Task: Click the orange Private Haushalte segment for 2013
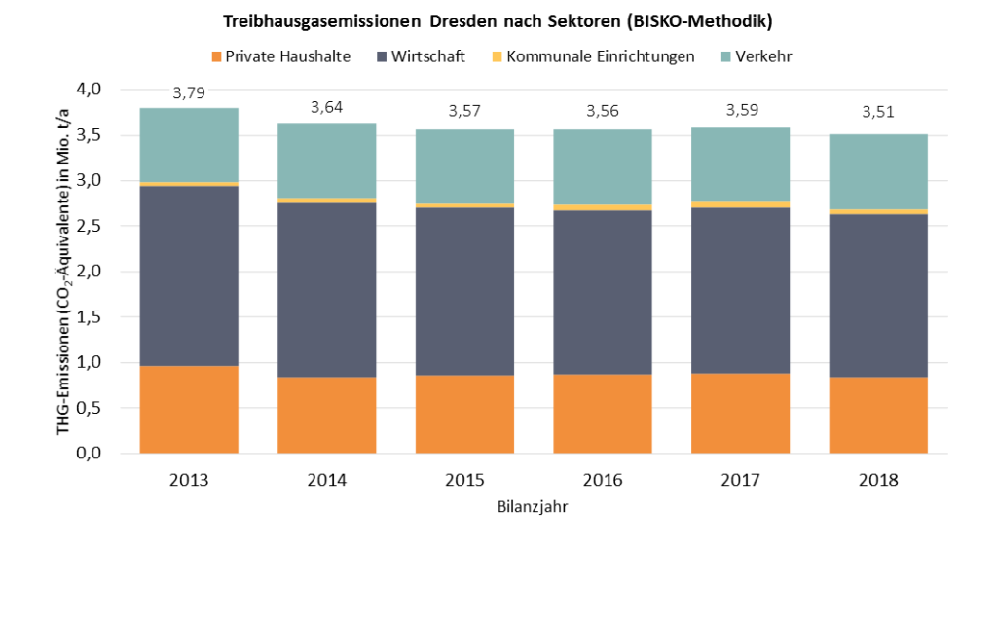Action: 189,409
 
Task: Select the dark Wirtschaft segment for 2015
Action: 465,291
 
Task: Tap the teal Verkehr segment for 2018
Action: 878,171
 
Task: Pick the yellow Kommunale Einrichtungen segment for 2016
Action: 603,207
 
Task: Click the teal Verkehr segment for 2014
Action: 327,161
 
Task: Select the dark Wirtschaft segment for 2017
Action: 741,290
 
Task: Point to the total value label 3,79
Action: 188,94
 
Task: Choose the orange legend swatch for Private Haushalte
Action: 216,56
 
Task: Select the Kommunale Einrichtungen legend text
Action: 601,56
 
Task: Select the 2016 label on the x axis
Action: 603,481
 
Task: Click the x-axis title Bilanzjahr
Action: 533,507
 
